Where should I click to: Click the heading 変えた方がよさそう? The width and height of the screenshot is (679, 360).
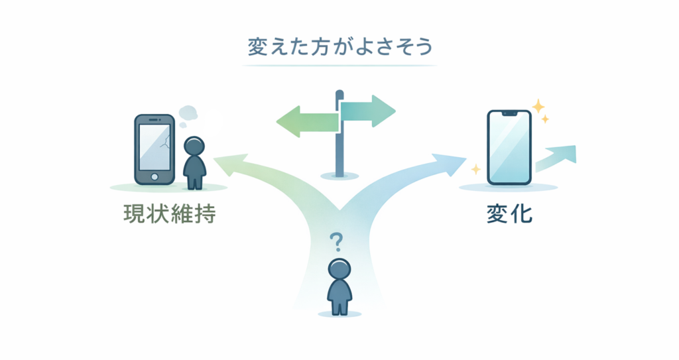pyautogui.click(x=339, y=48)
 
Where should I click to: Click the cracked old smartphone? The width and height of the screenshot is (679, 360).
pyautogui.click(x=154, y=149)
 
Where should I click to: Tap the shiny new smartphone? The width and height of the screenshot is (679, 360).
pyautogui.click(x=509, y=147)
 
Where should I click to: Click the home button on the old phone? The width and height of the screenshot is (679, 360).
pyautogui.click(x=154, y=178)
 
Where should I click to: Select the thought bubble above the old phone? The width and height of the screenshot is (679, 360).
pyautogui.click(x=189, y=113)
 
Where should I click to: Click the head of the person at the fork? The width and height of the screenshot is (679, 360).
pyautogui.click(x=339, y=269)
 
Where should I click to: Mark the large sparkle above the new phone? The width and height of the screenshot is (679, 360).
pyautogui.click(x=538, y=106)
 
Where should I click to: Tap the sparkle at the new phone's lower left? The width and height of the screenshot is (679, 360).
pyautogui.click(x=475, y=170)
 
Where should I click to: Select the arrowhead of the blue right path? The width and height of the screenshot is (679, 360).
pyautogui.click(x=453, y=162)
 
